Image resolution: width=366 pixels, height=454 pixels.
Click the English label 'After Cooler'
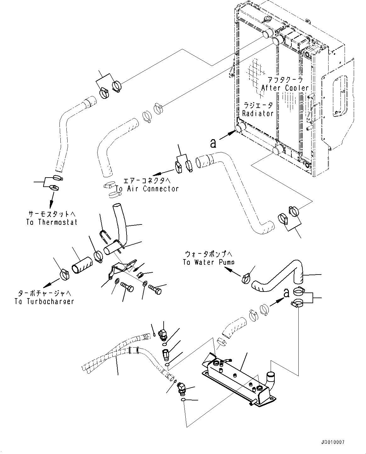point(285,88)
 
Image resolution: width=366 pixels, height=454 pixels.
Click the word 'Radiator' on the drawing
point(258,113)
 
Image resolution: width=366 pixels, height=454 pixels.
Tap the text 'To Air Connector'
point(147,189)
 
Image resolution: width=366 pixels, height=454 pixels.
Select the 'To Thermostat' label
point(52,222)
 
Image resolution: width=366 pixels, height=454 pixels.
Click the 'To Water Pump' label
point(209,262)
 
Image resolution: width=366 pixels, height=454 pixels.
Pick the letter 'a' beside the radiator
point(213,143)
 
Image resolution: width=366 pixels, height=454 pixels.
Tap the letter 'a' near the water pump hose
point(286,292)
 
